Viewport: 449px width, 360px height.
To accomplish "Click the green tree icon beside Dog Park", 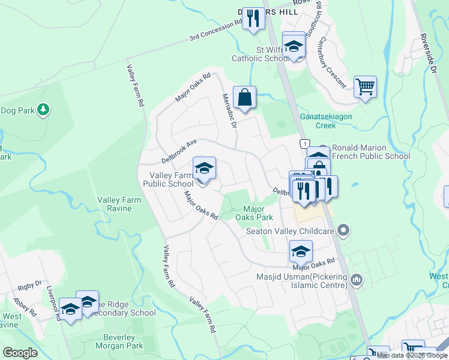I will [x=43, y=109].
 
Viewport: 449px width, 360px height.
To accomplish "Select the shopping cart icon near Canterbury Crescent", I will [x=365, y=87].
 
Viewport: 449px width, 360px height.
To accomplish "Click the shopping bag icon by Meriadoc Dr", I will [x=245, y=97].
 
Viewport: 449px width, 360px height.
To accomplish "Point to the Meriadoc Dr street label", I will [x=230, y=110].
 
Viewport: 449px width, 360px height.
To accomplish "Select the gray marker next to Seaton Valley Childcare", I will [x=343, y=230].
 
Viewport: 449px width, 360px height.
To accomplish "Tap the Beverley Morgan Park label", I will [x=119, y=341].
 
